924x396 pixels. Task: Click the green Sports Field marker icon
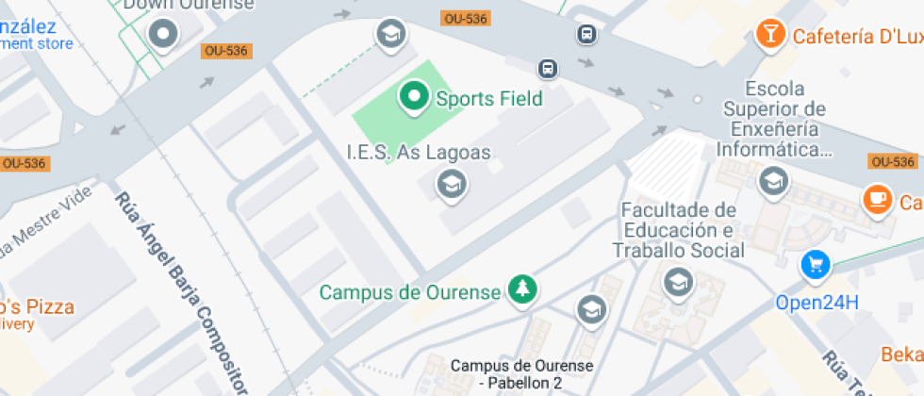coord(413,96)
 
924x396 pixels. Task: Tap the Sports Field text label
coord(488,98)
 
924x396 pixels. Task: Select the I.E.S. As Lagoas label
coord(419,152)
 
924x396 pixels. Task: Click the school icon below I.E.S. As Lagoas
coord(452,184)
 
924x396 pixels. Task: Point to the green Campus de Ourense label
coord(409,292)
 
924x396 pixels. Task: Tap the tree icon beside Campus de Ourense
coord(520,290)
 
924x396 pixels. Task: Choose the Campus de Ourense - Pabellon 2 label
coord(520,374)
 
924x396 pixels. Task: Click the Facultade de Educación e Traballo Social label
coord(678,229)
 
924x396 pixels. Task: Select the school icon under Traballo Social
coord(676,281)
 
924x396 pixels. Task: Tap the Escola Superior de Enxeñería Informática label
coord(774,120)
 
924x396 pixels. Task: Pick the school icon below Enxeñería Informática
coord(774,181)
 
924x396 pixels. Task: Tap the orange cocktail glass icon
coord(771,34)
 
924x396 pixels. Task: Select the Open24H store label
coord(817,303)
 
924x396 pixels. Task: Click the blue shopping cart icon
coord(815,266)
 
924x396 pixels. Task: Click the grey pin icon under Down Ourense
coord(166,35)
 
